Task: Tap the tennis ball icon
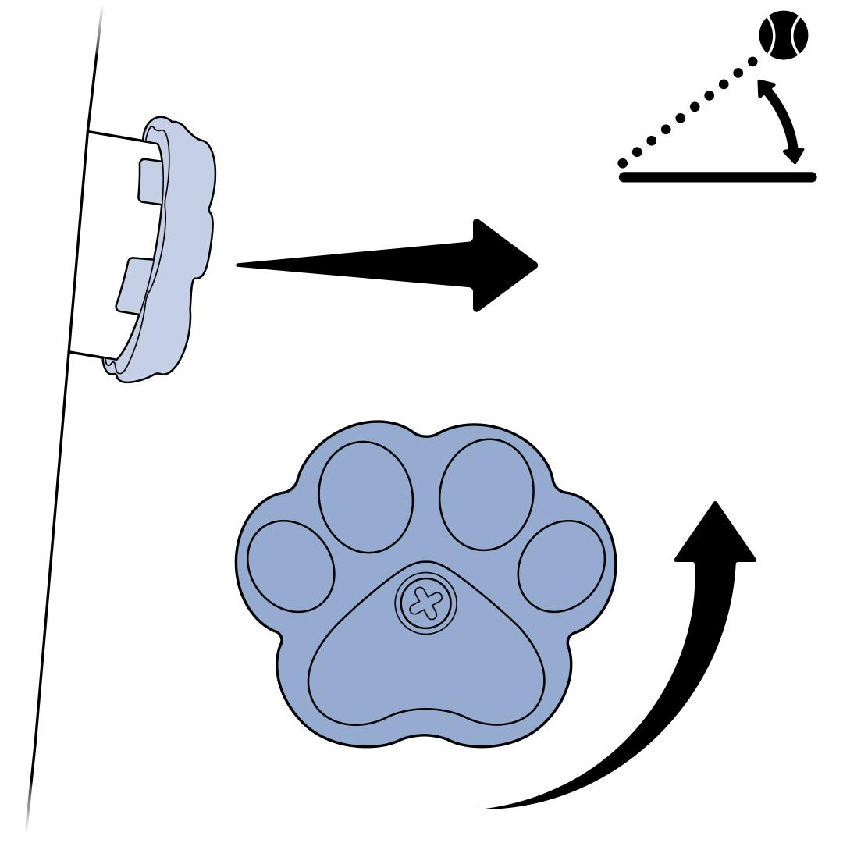tap(784, 34)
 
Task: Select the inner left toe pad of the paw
tap(366, 498)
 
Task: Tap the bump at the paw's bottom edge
tap(425, 737)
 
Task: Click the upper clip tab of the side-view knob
tap(150, 181)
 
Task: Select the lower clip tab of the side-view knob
tap(133, 286)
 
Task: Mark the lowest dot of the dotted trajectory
tap(623, 162)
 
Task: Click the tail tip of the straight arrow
tap(239, 265)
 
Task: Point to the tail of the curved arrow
tap(484, 807)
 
